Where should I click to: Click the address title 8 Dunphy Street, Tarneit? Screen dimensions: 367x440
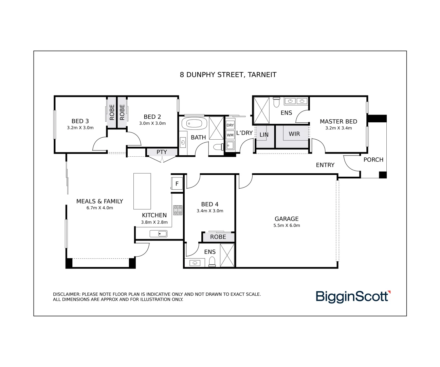(228, 75)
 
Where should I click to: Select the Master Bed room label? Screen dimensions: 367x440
(338, 121)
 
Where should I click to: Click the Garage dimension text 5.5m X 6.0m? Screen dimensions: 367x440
(287, 225)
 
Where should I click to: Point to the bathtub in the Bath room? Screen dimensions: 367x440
(194, 123)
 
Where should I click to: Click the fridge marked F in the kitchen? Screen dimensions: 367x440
(177, 184)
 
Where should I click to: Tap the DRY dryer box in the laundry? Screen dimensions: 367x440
(230, 125)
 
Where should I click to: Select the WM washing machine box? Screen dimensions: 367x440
(230, 135)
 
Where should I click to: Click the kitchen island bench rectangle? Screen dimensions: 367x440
(142, 191)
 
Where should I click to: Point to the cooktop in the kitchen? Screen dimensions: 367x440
(178, 210)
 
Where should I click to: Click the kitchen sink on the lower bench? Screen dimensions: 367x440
(159, 234)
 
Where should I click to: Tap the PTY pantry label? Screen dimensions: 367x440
(162, 152)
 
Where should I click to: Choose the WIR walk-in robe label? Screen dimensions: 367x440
(294, 134)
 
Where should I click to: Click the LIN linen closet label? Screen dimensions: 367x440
(264, 135)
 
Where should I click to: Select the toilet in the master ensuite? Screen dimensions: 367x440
(276, 102)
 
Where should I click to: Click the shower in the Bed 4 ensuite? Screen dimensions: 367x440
(227, 255)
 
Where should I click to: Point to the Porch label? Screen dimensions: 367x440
(373, 159)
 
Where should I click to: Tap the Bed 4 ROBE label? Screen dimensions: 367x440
(218, 237)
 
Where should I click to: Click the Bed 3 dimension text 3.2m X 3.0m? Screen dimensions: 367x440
(80, 128)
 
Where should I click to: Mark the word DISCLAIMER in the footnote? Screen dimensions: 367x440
(67, 294)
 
